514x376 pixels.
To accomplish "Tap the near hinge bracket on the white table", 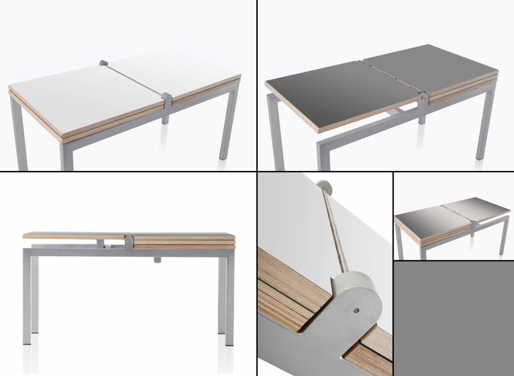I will (166, 100).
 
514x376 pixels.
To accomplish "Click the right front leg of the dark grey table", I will (485, 129).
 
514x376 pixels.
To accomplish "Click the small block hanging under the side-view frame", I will (157, 259).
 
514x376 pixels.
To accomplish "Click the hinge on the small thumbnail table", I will (473, 225).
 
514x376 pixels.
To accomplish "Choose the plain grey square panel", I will (453, 318).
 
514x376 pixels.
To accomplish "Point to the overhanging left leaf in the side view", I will (74, 235).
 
